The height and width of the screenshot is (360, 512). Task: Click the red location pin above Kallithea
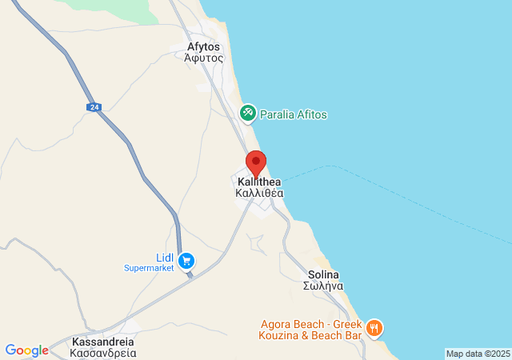[256, 162]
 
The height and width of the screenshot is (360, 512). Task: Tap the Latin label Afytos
[202, 46]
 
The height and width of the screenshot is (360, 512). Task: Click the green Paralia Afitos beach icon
[248, 114]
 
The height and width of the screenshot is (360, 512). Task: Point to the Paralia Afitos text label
[294, 115]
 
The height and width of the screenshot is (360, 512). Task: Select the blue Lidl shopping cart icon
[186, 260]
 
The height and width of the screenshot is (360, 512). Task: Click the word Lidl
[165, 257]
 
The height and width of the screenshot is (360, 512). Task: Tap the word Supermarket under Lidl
[149, 268]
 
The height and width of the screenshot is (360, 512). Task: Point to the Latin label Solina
[324, 274]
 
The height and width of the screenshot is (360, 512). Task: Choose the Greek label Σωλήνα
[324, 286]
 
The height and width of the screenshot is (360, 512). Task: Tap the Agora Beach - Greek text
[310, 325]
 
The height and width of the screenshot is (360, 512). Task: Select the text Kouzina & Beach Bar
[310, 338]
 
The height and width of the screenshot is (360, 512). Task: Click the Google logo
[26, 350]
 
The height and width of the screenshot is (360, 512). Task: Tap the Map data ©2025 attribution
[478, 354]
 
